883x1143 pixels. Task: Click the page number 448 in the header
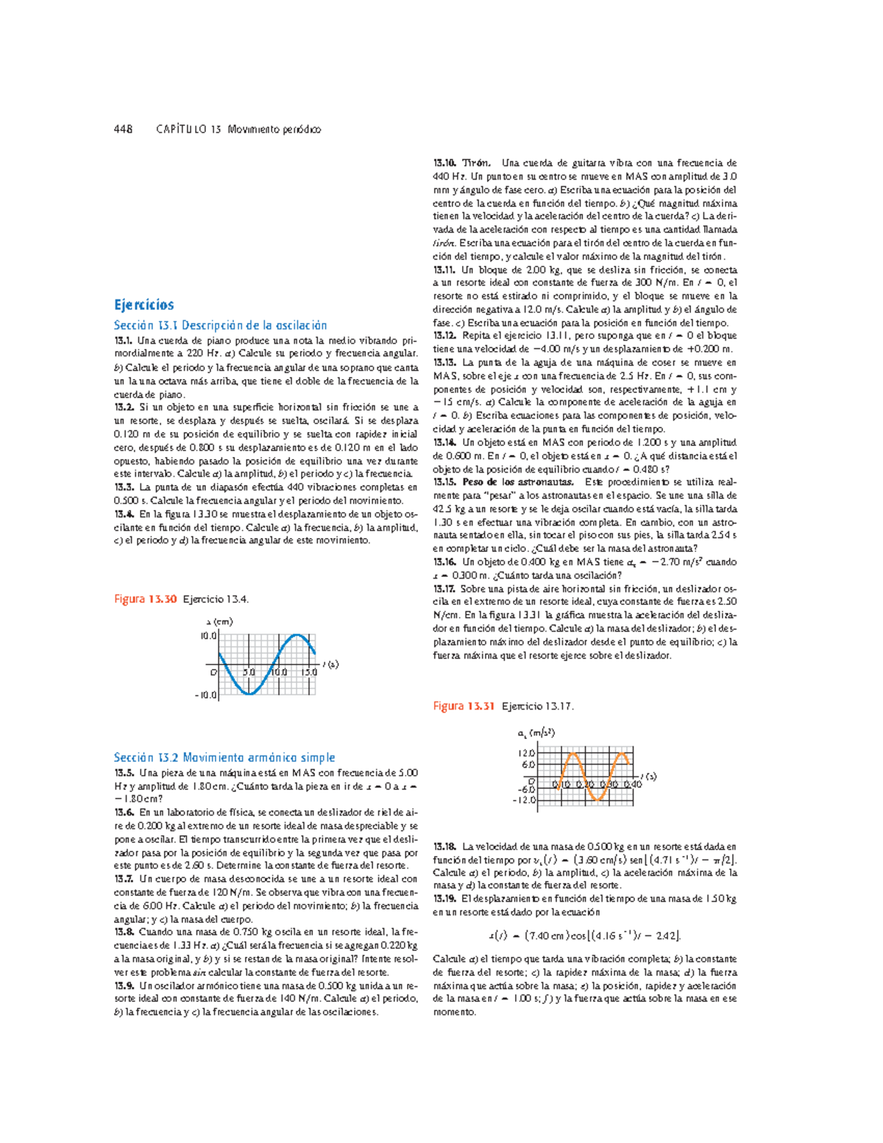pyautogui.click(x=123, y=130)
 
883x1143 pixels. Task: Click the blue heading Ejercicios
pyautogui.click(x=143, y=305)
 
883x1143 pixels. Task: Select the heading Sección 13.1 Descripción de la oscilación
pyautogui.click(x=220, y=325)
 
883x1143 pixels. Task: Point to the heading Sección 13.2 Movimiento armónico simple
pyautogui.click(x=224, y=757)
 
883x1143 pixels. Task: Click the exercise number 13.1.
pyautogui.click(x=123, y=341)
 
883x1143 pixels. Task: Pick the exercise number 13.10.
pyautogui.click(x=445, y=163)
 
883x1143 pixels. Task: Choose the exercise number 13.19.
pyautogui.click(x=445, y=899)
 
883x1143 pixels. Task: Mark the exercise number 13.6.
pyautogui.click(x=124, y=813)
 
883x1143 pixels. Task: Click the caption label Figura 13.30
pyautogui.click(x=145, y=599)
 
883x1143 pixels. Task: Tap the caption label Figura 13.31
pyautogui.click(x=464, y=706)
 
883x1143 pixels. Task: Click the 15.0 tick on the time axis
pyautogui.click(x=308, y=672)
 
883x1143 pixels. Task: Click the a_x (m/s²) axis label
pyautogui.click(x=536, y=733)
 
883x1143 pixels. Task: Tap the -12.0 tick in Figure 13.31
pyautogui.click(x=525, y=800)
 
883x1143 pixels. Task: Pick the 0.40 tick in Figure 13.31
pyautogui.click(x=632, y=784)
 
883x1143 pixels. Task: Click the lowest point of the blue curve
pyautogui.click(x=249, y=693)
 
